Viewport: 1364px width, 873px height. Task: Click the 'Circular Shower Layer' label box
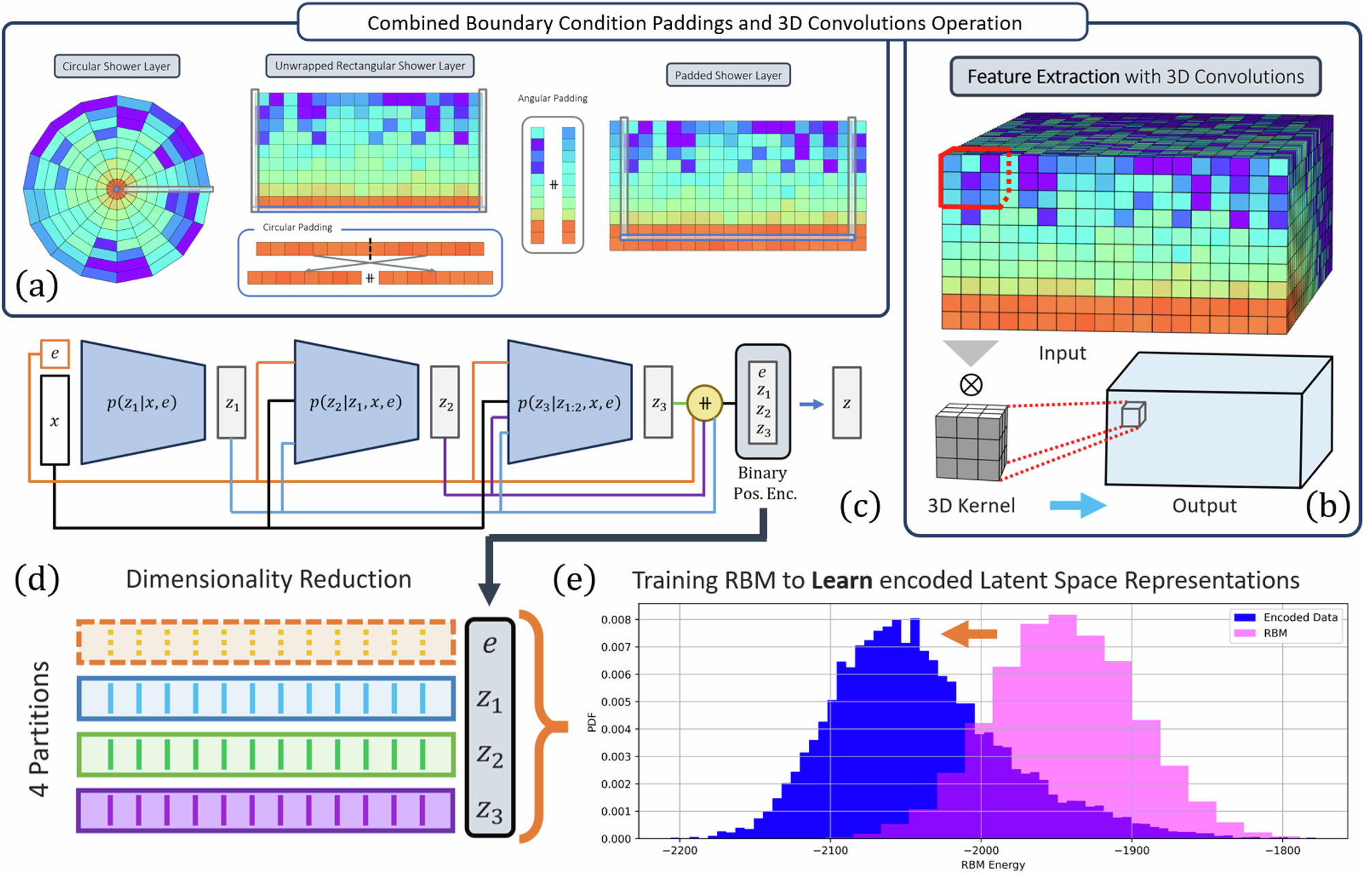click(117, 66)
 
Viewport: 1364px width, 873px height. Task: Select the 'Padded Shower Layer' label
click(728, 75)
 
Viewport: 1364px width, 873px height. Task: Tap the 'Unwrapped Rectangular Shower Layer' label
click(370, 65)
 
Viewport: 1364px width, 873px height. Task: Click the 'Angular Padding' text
click(552, 98)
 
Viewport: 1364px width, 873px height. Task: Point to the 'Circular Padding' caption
click(297, 227)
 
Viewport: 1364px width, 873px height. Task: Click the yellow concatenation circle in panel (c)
click(705, 403)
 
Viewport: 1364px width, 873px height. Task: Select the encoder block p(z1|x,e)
click(143, 402)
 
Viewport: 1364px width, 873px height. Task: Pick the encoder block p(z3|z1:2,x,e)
click(569, 402)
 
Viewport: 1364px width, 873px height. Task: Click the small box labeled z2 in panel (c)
click(445, 402)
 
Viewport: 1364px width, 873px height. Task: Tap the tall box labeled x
click(55, 419)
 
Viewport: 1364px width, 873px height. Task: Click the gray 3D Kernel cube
click(970, 441)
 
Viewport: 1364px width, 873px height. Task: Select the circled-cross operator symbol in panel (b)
click(970, 385)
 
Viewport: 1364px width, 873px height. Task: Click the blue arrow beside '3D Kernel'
click(1077, 505)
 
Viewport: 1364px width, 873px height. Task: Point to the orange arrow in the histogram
click(969, 633)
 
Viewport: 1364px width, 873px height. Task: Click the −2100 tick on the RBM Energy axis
click(830, 850)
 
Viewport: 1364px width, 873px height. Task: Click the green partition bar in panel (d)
click(266, 754)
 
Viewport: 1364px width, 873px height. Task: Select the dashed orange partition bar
click(266, 642)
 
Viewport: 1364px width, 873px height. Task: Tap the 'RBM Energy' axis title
click(992, 865)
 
